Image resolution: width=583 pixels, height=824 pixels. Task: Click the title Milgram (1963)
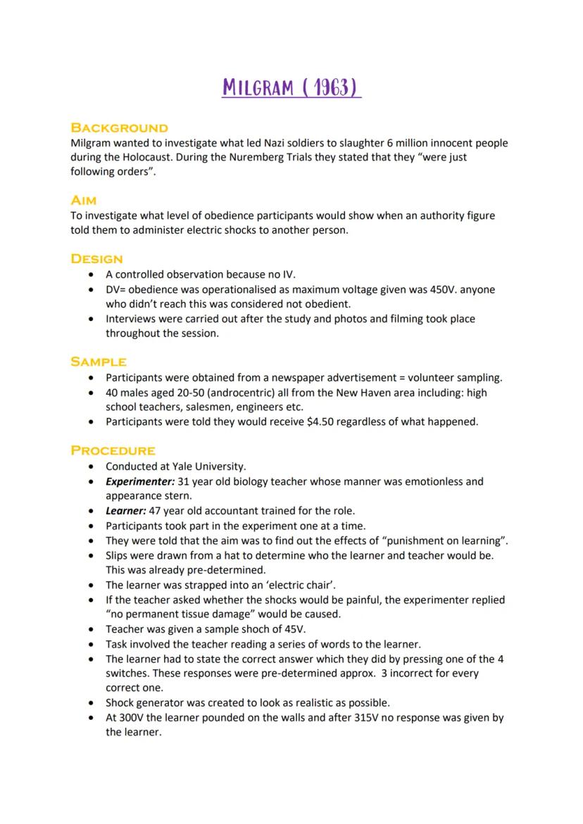click(291, 89)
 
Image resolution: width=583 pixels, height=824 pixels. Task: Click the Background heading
click(119, 128)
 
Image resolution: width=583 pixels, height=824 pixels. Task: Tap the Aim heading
click(83, 201)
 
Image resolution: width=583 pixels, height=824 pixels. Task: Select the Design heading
click(96, 259)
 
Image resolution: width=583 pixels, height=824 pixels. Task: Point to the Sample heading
click(99, 362)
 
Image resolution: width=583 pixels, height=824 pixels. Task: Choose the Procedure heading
click(113, 450)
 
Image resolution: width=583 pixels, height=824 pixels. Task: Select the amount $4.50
click(313, 421)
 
